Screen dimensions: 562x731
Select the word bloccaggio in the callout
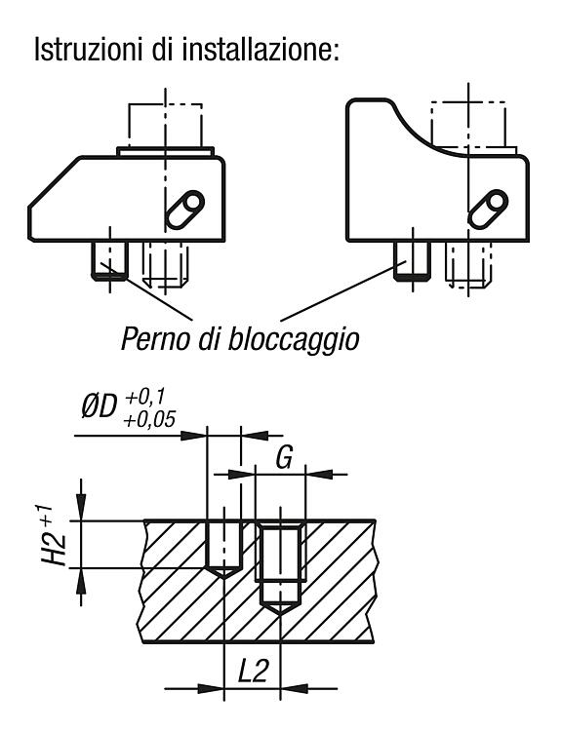[x=294, y=339]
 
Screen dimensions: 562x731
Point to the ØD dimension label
[x=98, y=407]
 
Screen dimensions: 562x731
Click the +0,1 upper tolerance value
[x=144, y=398]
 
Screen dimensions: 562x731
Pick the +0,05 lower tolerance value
[x=149, y=419]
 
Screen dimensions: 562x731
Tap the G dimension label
[x=284, y=457]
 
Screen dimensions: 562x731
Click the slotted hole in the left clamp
[x=184, y=210]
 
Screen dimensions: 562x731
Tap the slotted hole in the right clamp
[x=488, y=210]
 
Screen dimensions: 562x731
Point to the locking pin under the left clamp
[x=109, y=260]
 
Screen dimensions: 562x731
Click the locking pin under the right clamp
[x=412, y=260]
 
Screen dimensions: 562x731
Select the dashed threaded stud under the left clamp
[x=165, y=264]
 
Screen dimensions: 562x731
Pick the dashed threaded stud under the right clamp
[x=467, y=264]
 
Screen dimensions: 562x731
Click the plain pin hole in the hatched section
[x=224, y=549]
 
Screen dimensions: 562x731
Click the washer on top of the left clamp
[x=165, y=151]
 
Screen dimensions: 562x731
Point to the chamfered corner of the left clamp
[x=54, y=181]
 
